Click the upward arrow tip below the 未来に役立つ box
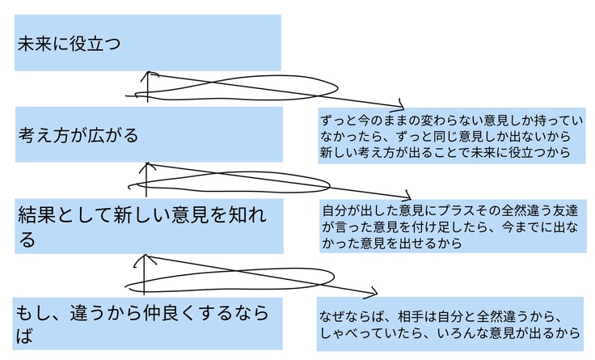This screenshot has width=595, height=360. (x=148, y=73)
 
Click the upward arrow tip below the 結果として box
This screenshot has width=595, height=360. (x=145, y=257)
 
